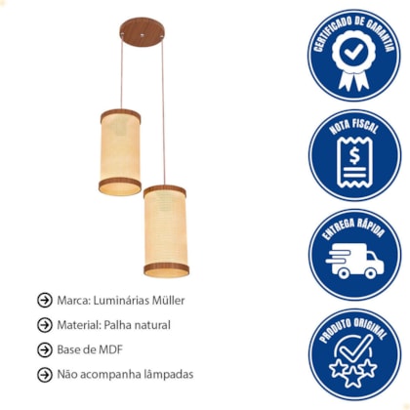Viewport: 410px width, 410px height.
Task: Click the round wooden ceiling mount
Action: click(x=142, y=32)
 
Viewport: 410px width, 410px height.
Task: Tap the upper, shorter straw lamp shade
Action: click(x=120, y=152)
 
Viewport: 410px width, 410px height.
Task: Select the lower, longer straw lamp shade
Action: click(x=166, y=231)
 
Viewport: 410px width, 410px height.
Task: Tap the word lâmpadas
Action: click(x=169, y=375)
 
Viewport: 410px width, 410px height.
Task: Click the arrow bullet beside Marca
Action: click(x=45, y=300)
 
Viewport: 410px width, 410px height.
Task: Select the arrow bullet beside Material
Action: click(x=45, y=325)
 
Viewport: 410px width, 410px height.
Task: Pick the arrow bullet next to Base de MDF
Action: click(x=45, y=349)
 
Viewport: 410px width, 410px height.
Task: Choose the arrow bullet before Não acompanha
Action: click(x=45, y=375)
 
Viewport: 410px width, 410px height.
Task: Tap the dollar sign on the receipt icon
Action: click(x=354, y=155)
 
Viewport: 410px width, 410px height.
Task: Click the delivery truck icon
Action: click(x=354, y=263)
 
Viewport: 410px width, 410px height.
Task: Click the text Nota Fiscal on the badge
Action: click(x=353, y=126)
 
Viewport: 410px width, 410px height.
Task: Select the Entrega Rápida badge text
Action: click(x=353, y=228)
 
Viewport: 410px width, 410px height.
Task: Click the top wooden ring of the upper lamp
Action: click(x=120, y=114)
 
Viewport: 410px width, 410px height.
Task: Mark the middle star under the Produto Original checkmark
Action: click(x=353, y=377)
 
